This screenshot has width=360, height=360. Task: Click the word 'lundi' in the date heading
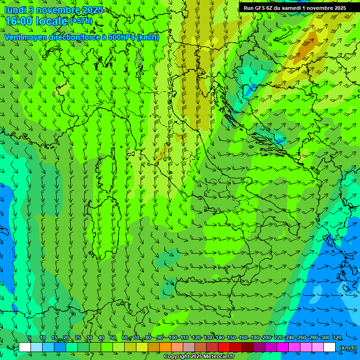point(15,10)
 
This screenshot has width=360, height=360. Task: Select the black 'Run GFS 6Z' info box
point(295,7)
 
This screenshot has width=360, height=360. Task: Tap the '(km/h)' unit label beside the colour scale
point(347,348)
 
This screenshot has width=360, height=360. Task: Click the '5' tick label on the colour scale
point(30,338)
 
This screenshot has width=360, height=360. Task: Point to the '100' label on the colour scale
point(173,338)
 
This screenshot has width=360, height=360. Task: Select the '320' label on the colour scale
point(337,338)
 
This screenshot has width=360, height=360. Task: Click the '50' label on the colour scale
point(113,338)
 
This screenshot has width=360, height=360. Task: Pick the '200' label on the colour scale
point(266,338)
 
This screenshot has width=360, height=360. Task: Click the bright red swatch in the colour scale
point(224,347)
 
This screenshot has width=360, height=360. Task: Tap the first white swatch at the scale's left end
point(25,347)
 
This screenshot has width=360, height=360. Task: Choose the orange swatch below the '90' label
point(165,347)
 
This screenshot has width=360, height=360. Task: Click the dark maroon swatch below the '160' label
point(247,347)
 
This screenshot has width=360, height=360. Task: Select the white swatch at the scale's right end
point(330,347)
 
